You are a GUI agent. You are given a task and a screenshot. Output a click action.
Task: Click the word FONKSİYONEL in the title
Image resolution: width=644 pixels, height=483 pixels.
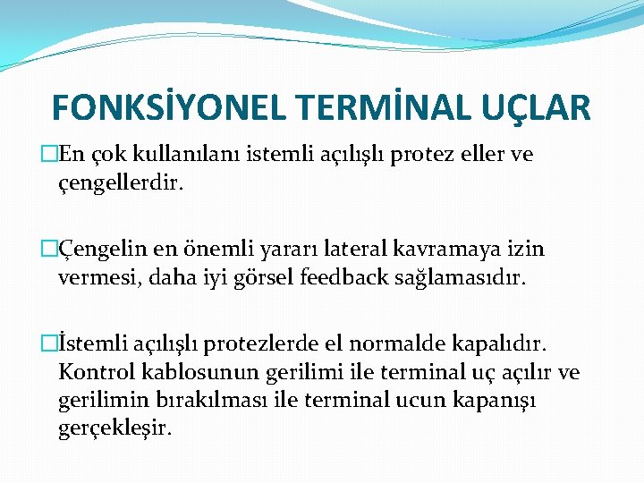pyautogui.click(x=166, y=107)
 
